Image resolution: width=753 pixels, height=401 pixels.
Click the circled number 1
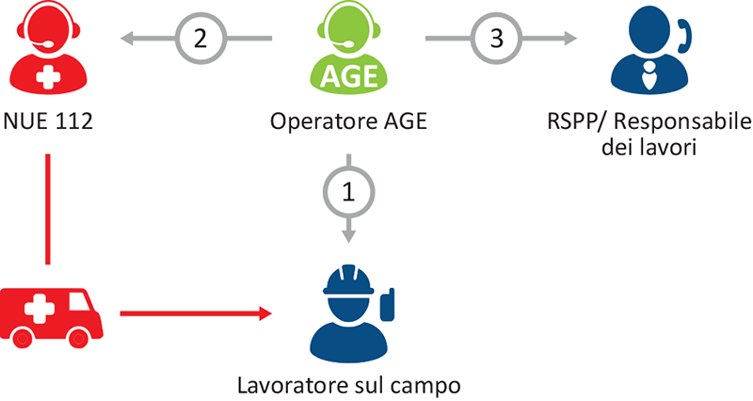click(349, 192)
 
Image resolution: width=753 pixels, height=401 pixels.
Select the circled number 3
click(496, 39)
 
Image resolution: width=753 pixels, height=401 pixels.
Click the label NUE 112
click(47, 121)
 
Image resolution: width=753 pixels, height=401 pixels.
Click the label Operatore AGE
click(348, 121)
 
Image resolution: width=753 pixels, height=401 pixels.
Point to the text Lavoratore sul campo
click(349, 385)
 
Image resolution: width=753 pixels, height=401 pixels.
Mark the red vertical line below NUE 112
click(47, 207)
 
